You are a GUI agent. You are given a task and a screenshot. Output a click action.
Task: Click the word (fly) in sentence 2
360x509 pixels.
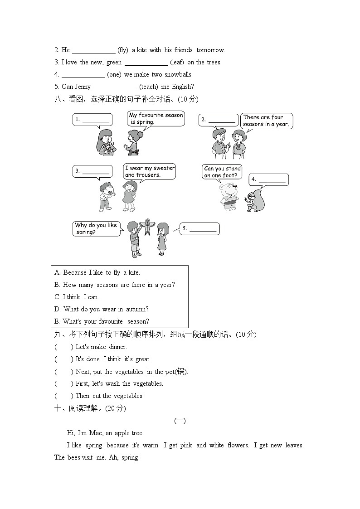click(123, 50)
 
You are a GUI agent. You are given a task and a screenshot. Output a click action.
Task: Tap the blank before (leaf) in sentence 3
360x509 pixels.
click(146, 63)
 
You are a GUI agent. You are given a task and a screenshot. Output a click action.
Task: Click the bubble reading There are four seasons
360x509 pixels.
click(266, 121)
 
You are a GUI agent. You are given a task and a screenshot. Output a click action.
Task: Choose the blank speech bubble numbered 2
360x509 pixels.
click(219, 120)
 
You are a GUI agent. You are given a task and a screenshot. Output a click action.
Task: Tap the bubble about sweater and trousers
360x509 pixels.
click(150, 172)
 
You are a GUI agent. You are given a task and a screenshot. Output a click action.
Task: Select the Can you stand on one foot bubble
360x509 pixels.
click(222, 172)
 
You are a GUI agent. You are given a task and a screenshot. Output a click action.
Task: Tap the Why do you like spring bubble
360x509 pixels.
click(97, 229)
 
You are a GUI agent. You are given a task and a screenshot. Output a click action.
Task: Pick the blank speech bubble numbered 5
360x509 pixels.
click(199, 229)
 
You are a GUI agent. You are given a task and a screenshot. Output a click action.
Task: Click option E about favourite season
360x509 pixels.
click(102, 322)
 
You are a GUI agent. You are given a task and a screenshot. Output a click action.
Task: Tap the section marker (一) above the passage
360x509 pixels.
click(180, 421)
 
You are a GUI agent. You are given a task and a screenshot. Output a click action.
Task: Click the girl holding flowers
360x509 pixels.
click(105, 142)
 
